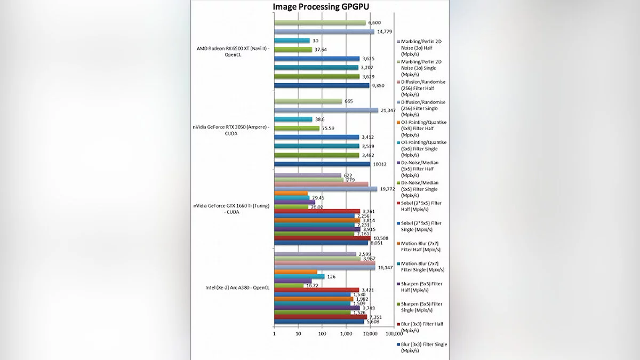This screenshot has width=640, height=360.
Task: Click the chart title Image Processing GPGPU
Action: pos(321,6)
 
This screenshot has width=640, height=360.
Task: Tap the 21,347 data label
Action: pos(389,110)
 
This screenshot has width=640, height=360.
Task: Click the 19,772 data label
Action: pos(388,189)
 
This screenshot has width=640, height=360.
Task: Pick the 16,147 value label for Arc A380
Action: pos(386,268)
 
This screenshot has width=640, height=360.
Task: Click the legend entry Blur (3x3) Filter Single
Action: pos(424,347)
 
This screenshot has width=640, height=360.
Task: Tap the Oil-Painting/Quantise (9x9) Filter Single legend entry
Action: pos(424,146)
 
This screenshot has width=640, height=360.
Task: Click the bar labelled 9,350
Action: pos(321,85)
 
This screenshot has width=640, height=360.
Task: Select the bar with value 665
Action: pos(308,101)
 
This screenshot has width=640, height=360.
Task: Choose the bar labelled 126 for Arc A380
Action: pos(299,276)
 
